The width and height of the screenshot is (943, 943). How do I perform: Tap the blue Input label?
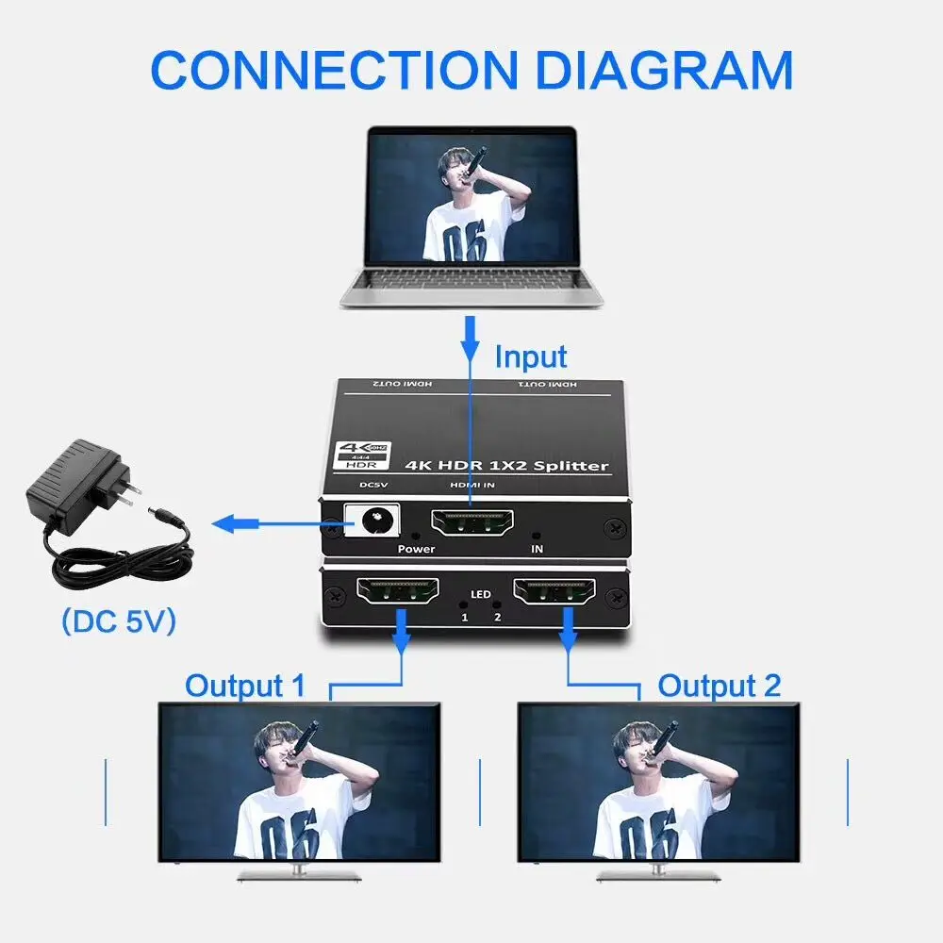(531, 357)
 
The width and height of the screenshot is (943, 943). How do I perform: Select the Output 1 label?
(245, 686)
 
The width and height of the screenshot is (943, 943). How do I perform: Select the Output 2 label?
(720, 686)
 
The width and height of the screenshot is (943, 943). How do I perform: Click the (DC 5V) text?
(118, 621)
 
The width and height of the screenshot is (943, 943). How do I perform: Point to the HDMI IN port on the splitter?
(471, 522)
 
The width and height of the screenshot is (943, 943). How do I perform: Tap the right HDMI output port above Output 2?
(555, 591)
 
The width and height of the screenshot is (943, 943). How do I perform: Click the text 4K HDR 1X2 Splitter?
(506, 466)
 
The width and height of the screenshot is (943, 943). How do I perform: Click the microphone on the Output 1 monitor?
(304, 738)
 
